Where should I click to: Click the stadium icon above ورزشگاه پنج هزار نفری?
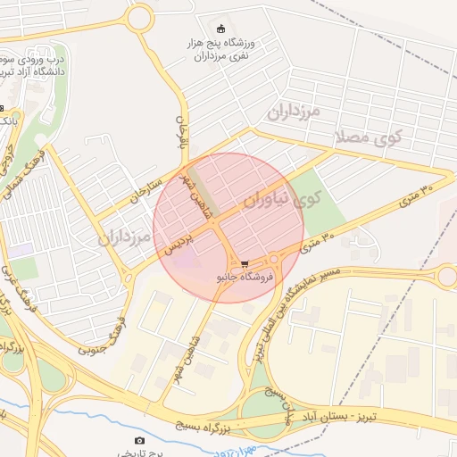tap(221, 29)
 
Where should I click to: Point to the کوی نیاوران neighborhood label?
tap(278, 201)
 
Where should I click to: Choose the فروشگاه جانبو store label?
tap(243, 278)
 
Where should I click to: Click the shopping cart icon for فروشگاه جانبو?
tap(245, 264)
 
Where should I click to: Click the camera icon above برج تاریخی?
tap(139, 440)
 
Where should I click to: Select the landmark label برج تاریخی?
tap(139, 453)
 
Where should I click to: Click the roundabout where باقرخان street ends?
tap(139, 16)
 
